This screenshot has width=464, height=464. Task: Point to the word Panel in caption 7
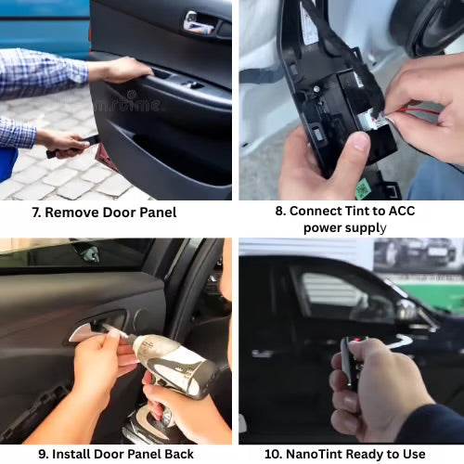click(x=154, y=213)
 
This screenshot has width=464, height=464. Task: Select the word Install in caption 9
click(x=71, y=454)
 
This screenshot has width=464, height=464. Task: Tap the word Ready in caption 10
click(x=367, y=454)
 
